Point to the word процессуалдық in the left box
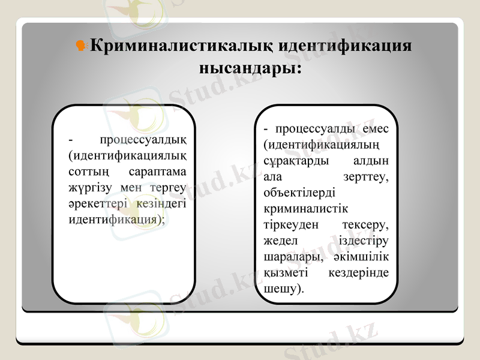point(143,141)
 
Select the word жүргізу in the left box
point(89,188)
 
